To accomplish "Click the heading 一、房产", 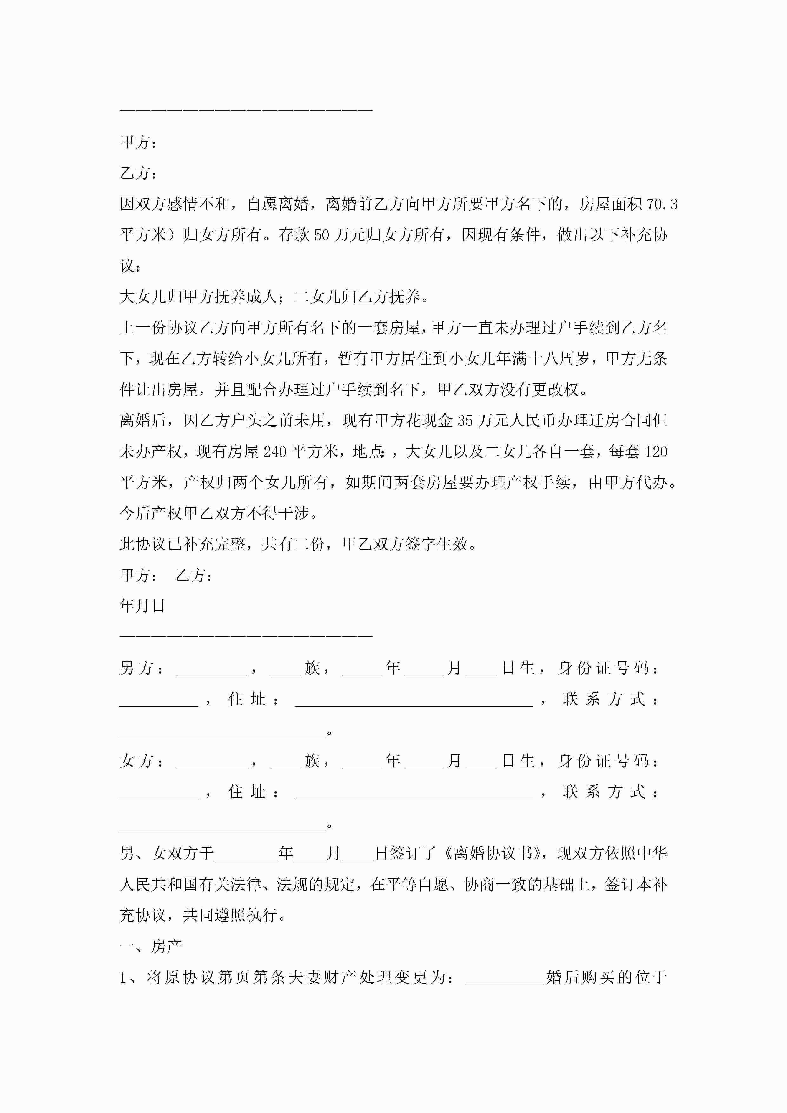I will [x=150, y=946].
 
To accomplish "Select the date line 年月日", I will [x=142, y=606].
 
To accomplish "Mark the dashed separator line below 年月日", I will [x=246, y=635].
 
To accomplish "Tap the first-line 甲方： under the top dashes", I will [x=138, y=142].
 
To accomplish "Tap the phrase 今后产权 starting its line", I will [x=151, y=513].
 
